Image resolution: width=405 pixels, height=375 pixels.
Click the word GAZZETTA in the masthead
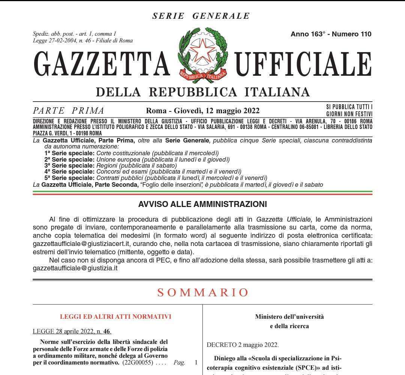101,63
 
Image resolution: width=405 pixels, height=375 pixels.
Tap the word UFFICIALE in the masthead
303,63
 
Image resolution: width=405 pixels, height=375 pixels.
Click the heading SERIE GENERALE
201,16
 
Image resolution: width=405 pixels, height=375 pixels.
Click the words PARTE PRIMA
69,111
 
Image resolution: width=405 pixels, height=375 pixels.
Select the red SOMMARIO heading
203,292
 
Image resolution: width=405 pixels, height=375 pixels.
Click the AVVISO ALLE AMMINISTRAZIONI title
202,204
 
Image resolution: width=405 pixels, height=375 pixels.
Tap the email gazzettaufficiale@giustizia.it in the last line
75,268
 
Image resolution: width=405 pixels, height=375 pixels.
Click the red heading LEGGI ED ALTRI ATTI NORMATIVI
115,316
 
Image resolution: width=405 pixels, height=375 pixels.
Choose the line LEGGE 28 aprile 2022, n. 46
72,331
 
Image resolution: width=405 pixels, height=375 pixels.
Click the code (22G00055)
138,363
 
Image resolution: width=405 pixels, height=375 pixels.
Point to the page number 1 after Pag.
196,363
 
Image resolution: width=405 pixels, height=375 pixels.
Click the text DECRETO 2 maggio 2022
243,345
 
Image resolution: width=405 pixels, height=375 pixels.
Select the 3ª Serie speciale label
69,165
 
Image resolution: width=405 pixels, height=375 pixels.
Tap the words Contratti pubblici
120,178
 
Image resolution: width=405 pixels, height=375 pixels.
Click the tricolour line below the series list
202,193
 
